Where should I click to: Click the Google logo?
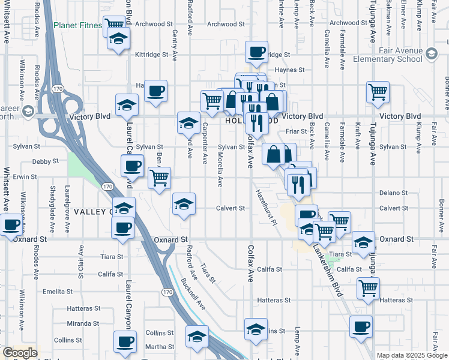[x=19, y=353]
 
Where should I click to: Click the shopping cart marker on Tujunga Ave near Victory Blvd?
[x=378, y=92]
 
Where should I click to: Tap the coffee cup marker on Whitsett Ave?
[x=11, y=224]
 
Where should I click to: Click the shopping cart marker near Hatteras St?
[x=368, y=287]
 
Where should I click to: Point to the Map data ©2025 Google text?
[x=412, y=355]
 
